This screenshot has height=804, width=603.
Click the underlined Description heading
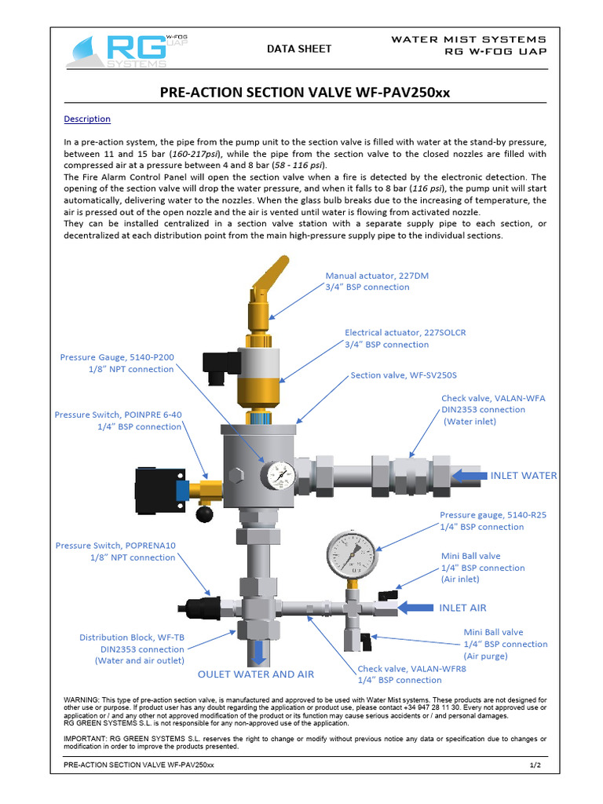click(x=86, y=119)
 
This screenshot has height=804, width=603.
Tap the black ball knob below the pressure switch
click(x=204, y=514)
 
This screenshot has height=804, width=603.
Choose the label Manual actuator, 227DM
click(x=377, y=276)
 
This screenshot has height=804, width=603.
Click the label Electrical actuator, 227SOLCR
click(x=405, y=333)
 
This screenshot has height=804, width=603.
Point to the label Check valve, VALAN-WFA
click(x=493, y=398)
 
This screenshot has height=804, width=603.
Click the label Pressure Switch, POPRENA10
click(x=115, y=545)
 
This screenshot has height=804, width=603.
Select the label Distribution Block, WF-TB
click(x=132, y=638)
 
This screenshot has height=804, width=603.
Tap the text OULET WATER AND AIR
click(x=255, y=674)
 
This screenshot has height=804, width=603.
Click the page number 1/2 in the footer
click(x=535, y=764)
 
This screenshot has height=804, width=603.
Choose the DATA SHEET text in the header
click(x=299, y=49)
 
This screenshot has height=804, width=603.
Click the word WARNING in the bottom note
click(x=80, y=699)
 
